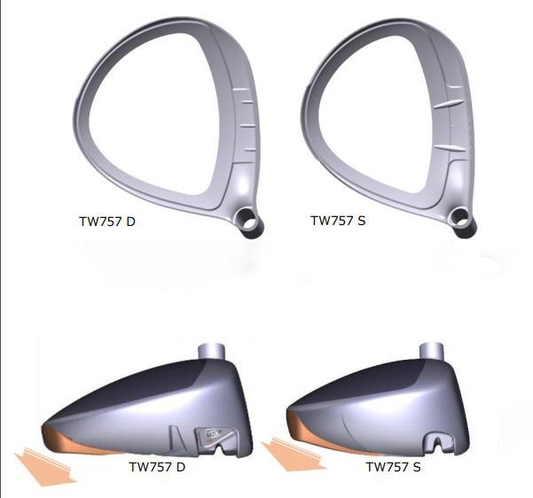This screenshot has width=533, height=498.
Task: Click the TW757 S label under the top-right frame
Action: point(336,221)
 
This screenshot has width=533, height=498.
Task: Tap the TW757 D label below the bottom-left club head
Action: point(158,466)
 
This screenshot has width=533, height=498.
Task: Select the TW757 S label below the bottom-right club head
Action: point(393,466)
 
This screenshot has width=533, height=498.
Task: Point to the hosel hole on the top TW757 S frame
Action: point(460,216)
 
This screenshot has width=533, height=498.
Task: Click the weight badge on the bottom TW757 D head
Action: point(212,435)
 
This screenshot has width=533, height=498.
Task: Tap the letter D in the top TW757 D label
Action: point(130,221)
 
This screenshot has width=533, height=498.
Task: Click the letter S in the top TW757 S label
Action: point(361,221)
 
